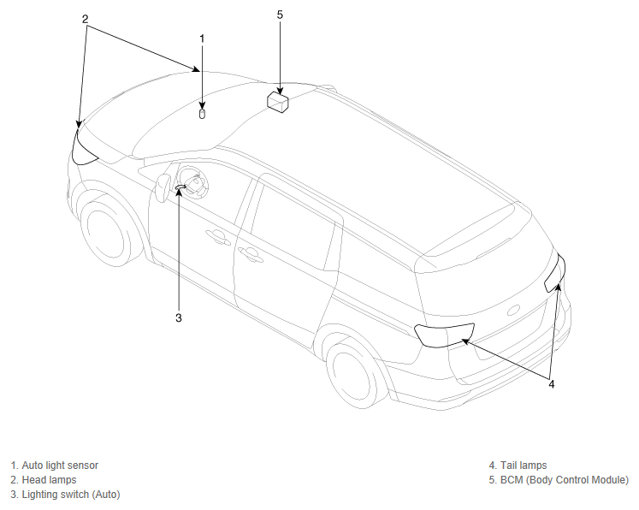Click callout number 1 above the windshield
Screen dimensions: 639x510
click(x=202, y=39)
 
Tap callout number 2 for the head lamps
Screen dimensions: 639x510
click(x=85, y=19)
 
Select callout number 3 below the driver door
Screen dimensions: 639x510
click(x=179, y=317)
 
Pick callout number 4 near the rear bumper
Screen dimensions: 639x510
click(x=552, y=384)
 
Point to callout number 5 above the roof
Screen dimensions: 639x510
click(x=280, y=15)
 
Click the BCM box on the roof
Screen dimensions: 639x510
click(x=278, y=102)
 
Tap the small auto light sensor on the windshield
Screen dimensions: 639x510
click(x=202, y=114)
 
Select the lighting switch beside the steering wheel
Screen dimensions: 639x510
click(x=180, y=187)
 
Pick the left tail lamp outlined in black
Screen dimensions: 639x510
click(x=444, y=335)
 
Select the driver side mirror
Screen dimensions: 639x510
click(x=163, y=187)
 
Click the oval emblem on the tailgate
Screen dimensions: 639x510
click(x=514, y=311)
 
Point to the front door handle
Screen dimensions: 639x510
click(x=218, y=237)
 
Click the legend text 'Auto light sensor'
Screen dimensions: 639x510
click(x=60, y=466)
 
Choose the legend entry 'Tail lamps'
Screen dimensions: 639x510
click(x=524, y=466)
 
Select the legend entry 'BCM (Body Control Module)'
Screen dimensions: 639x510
click(x=565, y=480)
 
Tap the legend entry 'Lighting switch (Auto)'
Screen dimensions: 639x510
click(x=71, y=495)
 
